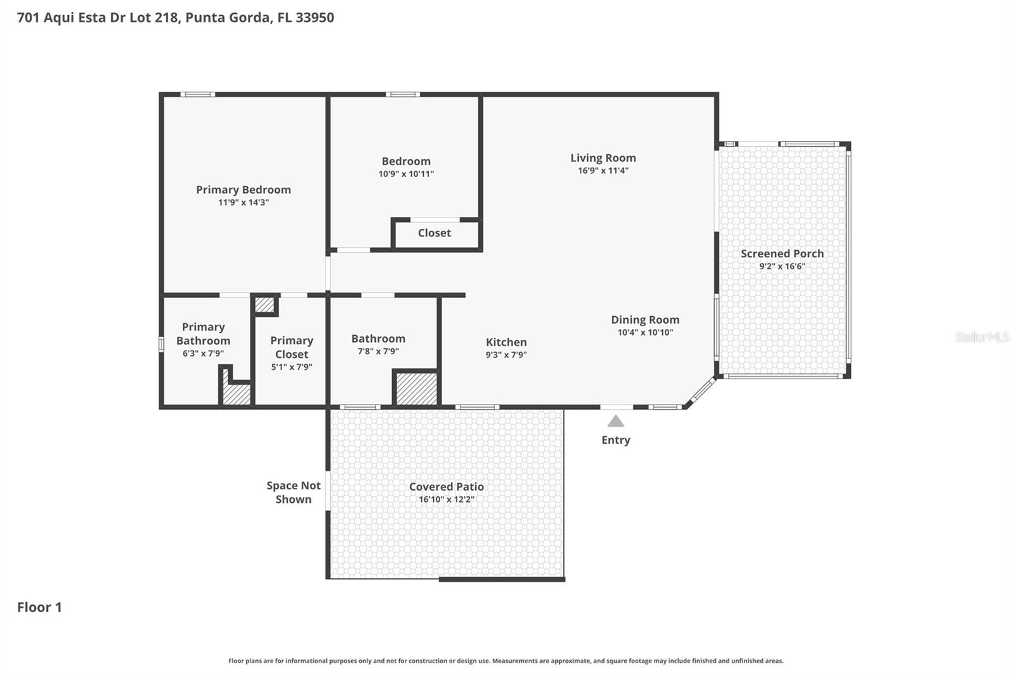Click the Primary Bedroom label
[244, 190]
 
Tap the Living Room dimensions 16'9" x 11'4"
[603, 171]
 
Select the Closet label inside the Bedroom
[434, 233]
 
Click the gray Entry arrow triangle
[615, 421]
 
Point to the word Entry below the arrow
[615, 440]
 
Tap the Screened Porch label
[782, 254]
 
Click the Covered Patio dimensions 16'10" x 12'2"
[446, 499]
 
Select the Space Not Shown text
[293, 492]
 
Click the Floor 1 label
[39, 607]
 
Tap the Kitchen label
[506, 342]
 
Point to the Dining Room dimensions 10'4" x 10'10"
[645, 333]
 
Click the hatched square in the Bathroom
[416, 389]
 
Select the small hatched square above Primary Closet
[264, 305]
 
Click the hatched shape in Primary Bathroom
[237, 393]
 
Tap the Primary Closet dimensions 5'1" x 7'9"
[292, 367]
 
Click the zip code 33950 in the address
[314, 18]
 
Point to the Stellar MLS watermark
[982, 337]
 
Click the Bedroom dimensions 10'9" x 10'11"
[406, 174]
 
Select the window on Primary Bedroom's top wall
[197, 95]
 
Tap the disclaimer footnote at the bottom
[505, 661]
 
